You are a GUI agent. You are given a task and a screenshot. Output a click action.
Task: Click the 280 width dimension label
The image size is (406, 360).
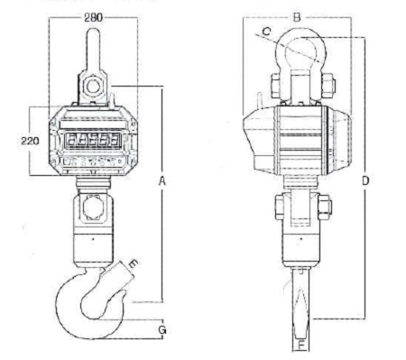point(93,17)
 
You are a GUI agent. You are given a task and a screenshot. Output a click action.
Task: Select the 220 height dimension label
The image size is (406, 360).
point(30,141)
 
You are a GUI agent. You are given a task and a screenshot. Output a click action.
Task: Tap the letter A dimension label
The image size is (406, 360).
point(162,181)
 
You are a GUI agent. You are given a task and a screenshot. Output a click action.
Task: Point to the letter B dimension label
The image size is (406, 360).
point(297,17)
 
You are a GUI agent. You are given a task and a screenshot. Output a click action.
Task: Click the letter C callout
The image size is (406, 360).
point(266,31)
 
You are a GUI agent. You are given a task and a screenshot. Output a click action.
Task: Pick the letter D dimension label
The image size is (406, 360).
point(365,180)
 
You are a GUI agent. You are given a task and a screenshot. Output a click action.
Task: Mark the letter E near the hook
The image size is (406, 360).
point(133,264)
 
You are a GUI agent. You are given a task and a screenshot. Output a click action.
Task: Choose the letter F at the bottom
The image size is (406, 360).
point(301,345)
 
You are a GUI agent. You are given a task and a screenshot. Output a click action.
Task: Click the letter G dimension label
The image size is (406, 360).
point(162,330)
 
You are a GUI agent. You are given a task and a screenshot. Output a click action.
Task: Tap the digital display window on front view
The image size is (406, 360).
point(93,140)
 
